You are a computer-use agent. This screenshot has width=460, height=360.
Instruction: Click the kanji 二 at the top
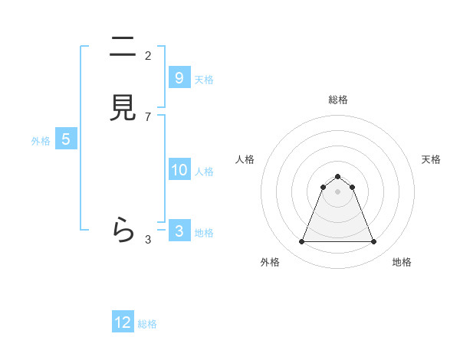pyautogui.click(x=123, y=48)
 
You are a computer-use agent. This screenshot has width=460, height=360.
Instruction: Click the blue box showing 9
pyautogui.click(x=179, y=77)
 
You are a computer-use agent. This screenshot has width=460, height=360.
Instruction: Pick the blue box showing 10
pyautogui.click(x=179, y=170)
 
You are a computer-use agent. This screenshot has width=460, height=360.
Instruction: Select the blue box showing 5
pyautogui.click(x=66, y=139)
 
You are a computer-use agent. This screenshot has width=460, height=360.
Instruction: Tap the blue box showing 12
pyautogui.click(x=123, y=322)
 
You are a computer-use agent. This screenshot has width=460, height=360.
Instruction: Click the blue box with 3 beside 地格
pyautogui.click(x=179, y=231)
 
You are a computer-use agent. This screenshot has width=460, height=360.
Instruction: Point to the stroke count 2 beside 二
pyautogui.click(x=148, y=55)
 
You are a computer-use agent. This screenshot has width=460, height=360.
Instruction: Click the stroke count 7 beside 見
pyautogui.click(x=148, y=116)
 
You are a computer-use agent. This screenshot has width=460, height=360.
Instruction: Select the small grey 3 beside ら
pyautogui.click(x=148, y=240)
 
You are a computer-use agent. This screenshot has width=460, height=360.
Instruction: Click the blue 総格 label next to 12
pyautogui.click(x=147, y=324)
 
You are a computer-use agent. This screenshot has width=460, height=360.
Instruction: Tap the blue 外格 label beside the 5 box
pyautogui.click(x=41, y=141)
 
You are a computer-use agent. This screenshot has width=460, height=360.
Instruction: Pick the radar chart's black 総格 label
pyautogui.click(x=337, y=100)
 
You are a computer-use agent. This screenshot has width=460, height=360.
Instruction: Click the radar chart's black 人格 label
pyautogui.click(x=245, y=159)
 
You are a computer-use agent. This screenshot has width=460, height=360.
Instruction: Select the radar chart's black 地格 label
pyautogui.click(x=402, y=262)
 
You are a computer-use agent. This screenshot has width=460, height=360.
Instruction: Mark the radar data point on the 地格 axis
pyautogui.click(x=373, y=242)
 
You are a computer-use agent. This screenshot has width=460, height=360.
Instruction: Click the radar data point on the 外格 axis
pyautogui.click(x=301, y=242)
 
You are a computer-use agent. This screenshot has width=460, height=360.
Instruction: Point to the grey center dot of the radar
pyautogui.click(x=337, y=191)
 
